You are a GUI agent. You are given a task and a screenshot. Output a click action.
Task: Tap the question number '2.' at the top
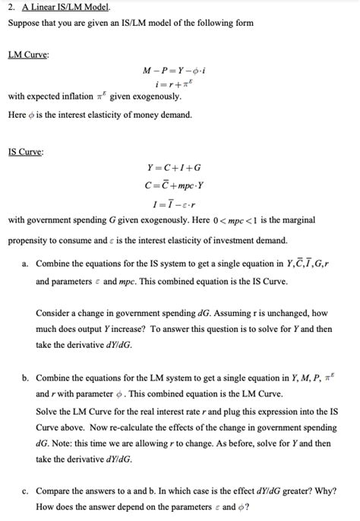point(12,8)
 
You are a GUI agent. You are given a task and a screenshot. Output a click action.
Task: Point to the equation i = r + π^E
point(180,85)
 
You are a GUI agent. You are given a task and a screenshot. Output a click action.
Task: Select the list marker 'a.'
point(26,264)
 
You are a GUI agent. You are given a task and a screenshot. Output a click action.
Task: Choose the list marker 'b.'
point(26,377)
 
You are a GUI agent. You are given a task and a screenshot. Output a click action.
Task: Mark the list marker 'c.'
point(26,491)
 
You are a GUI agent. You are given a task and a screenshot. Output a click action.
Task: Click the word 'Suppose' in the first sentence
point(24,23)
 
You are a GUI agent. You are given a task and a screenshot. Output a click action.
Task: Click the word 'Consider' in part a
point(54,312)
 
